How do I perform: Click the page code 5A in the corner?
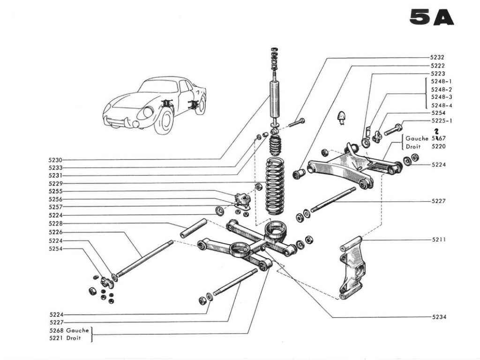[431, 17]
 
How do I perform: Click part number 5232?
[438, 58]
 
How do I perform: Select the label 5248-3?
[442, 97]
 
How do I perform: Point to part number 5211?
[438, 240]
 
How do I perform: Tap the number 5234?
[439, 317]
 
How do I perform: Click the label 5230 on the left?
[55, 160]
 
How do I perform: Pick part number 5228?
[55, 224]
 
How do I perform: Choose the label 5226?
[55, 232]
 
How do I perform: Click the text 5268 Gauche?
[69, 330]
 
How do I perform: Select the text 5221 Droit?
[66, 338]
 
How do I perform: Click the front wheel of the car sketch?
[165, 121]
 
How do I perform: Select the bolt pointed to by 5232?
[296, 123]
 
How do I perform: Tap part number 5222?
[438, 66]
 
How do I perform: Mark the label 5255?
[55, 191]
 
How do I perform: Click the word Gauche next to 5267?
[417, 139]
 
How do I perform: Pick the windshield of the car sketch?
[158, 86]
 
